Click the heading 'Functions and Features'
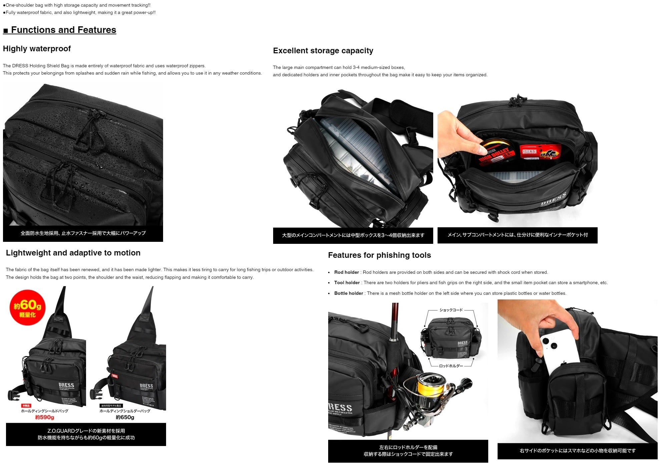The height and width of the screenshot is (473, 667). (x=63, y=30)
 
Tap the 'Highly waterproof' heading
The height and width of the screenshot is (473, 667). (x=37, y=49)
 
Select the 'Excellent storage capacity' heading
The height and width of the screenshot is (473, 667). (x=323, y=51)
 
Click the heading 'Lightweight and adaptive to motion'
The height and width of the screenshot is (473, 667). (x=73, y=253)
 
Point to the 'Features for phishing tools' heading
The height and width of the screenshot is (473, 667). (x=379, y=255)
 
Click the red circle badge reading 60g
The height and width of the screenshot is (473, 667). (x=27, y=307)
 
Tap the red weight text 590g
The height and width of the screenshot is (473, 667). (x=44, y=417)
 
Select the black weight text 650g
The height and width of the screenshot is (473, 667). (x=125, y=417)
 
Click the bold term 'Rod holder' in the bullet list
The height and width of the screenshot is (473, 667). (x=347, y=272)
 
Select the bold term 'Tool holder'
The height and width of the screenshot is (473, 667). (x=347, y=283)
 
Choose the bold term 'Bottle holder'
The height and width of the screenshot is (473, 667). (x=349, y=293)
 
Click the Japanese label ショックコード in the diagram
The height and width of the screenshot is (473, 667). (x=451, y=310)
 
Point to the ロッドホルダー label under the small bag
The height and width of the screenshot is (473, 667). (x=451, y=366)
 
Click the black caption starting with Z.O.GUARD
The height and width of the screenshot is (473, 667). (x=86, y=434)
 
